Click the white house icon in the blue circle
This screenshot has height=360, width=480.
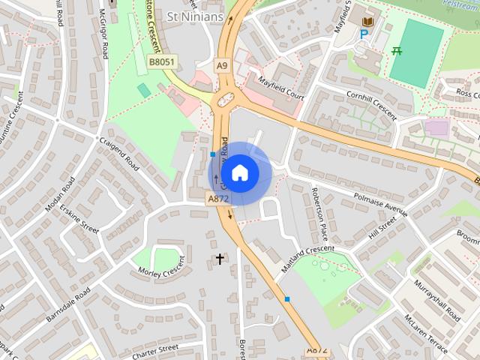(x=239, y=173)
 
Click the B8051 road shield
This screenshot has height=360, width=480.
(x=161, y=62)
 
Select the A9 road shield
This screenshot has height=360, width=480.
(x=222, y=65)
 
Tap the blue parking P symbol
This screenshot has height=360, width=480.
(x=364, y=34)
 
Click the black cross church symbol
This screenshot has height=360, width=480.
(x=220, y=259)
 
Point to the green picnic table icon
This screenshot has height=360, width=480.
(x=397, y=51)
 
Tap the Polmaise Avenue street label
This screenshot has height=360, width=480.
(x=380, y=202)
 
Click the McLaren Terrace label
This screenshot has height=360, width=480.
(x=425, y=334)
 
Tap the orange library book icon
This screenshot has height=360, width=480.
(x=367, y=22)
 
